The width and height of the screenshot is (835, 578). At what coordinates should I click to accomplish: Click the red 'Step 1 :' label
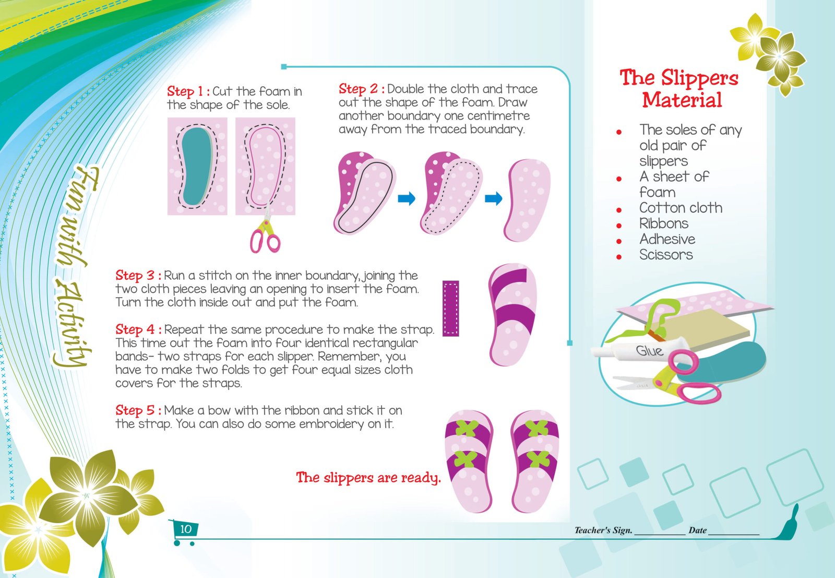click(188, 91)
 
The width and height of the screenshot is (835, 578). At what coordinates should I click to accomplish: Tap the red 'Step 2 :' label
click(362, 89)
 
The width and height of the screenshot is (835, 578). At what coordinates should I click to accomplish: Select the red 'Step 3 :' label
click(138, 275)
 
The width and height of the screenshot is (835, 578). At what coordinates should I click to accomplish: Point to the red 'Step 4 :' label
click(138, 329)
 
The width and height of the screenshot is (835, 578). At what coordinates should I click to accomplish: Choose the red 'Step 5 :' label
click(138, 410)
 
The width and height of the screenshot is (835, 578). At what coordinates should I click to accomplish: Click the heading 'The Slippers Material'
click(679, 89)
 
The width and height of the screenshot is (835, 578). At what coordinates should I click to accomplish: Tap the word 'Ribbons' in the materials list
click(663, 223)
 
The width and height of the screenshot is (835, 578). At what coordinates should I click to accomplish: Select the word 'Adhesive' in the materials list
click(667, 239)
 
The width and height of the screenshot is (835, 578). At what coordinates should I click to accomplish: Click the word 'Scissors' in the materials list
click(666, 255)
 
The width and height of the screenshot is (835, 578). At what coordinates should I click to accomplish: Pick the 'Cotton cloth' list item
click(681, 208)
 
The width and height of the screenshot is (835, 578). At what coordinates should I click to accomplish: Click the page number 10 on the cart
click(186, 529)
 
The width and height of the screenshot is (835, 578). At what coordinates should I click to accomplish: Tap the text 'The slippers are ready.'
click(368, 478)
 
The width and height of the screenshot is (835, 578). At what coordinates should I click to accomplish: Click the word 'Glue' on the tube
click(649, 350)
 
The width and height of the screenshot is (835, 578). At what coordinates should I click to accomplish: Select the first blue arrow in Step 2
click(407, 198)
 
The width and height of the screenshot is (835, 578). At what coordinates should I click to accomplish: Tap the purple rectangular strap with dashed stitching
click(451, 309)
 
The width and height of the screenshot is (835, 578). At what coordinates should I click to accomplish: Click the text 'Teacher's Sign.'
click(603, 530)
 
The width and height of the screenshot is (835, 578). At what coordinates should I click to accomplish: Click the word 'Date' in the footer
click(697, 530)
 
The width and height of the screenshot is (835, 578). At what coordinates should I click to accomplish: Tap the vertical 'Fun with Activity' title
click(75, 267)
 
